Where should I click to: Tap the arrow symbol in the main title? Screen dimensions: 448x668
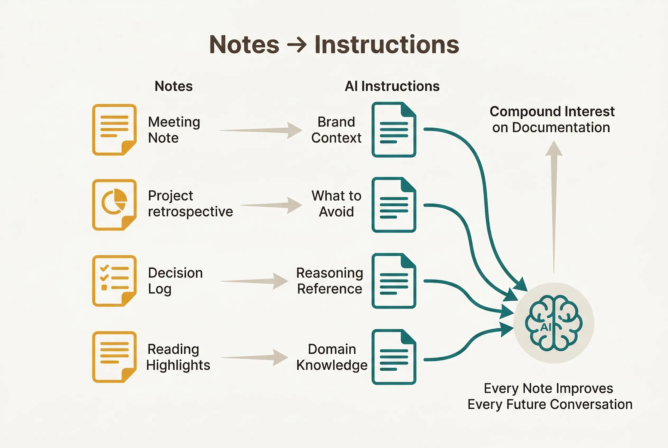tap(297, 45)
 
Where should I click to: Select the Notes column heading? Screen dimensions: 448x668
tap(174, 86)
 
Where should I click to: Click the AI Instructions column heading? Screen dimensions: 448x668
tap(392, 86)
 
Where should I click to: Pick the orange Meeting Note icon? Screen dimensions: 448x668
tap(114, 130)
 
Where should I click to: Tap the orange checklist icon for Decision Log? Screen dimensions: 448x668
tap(114, 281)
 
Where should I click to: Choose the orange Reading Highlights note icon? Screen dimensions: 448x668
tap(114, 357)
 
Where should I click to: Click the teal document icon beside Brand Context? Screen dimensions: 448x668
tap(394, 130)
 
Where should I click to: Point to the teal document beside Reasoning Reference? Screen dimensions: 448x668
tap(394, 281)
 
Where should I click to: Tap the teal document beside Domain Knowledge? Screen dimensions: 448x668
tap(394, 357)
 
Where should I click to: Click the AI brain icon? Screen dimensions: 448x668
tap(554, 323)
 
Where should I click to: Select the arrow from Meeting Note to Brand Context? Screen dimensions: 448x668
tap(261, 130)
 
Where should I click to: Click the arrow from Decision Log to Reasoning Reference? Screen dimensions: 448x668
tap(254, 281)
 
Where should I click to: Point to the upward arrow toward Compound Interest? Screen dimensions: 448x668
tap(554, 206)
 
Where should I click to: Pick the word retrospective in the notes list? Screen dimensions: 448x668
tap(190, 212)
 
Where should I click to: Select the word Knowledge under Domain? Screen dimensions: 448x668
tap(332, 365)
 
